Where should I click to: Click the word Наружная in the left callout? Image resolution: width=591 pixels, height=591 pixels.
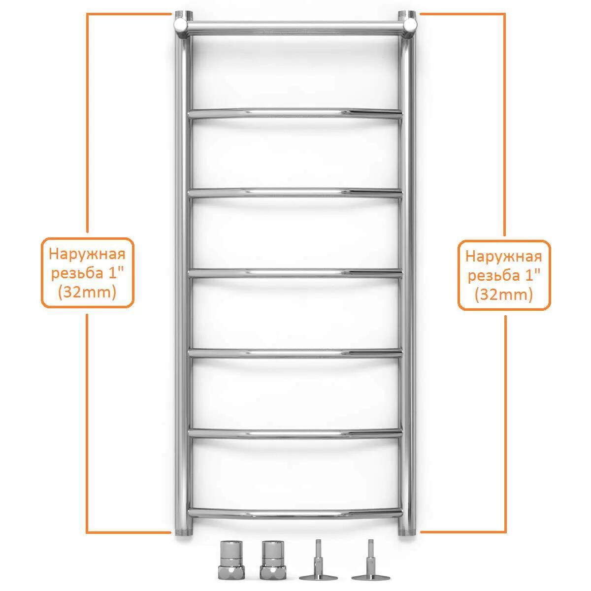pos(87,255)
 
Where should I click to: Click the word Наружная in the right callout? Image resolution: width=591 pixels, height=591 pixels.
pos(504,257)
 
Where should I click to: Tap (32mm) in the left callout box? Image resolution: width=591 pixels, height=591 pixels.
pos(87,292)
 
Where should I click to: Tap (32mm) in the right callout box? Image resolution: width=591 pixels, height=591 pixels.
pos(504,295)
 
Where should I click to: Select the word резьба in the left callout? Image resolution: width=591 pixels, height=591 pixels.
pos(77,273)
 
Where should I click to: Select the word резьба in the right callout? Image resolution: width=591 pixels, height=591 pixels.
pos(494,275)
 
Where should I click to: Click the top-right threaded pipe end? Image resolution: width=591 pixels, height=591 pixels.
pos(407,15)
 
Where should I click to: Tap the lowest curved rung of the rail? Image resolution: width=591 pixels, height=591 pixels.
pos(295,514)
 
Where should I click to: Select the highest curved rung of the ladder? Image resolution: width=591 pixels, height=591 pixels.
pos(295,113)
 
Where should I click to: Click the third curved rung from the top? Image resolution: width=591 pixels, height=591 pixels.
pos(295,273)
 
